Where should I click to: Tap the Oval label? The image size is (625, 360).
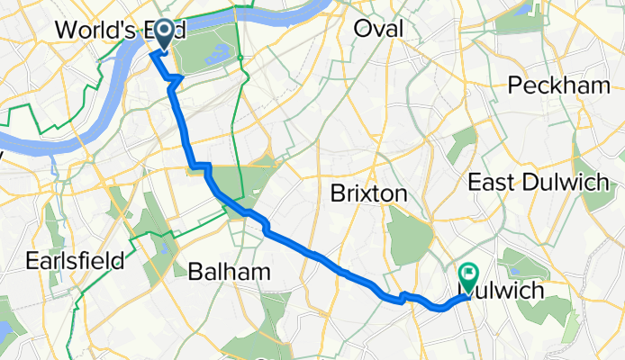pyautogui.click(x=379, y=30)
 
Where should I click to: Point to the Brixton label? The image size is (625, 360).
pyautogui.click(x=369, y=193)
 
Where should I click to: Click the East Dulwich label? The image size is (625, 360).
pyautogui.click(x=539, y=182)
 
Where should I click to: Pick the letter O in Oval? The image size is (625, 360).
pyautogui.click(x=363, y=30)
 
